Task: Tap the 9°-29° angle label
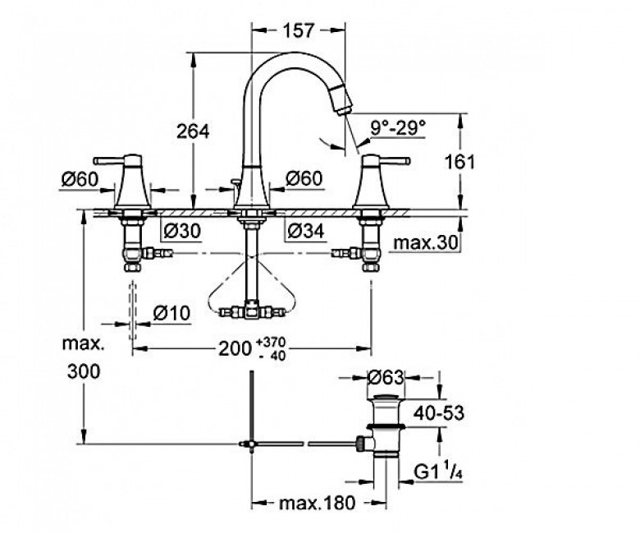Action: pos(399,128)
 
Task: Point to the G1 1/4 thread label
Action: pos(437,473)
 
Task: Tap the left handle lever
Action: pos(109,159)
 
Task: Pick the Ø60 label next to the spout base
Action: pos(304,178)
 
